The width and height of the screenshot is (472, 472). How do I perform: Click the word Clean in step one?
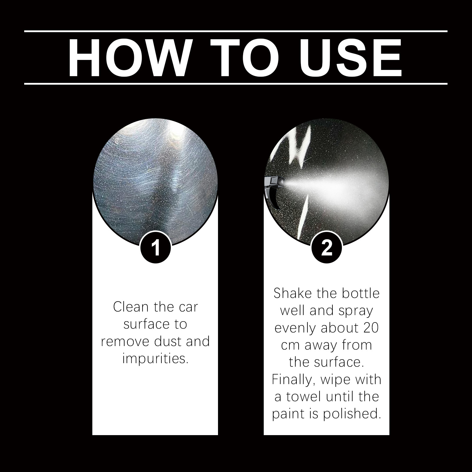(131, 307)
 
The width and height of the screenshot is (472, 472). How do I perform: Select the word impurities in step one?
(155, 359)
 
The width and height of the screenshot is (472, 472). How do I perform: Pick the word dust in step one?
(168, 341)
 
